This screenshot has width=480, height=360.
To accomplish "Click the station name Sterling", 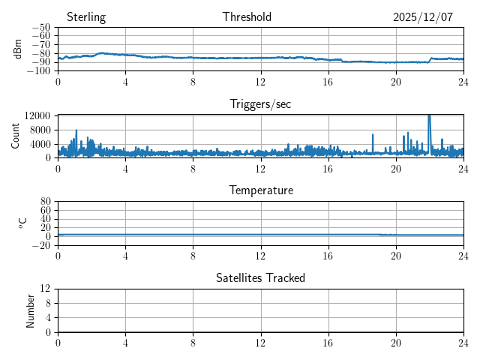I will coord(86,17).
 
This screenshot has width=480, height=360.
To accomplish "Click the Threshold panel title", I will coord(247,17).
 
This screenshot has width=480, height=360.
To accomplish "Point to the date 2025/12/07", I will coord(423,17).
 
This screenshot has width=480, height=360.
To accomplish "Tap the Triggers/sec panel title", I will coord(260,104).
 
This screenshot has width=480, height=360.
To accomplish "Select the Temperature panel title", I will coord(260,190).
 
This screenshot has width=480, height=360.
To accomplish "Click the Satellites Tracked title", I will coord(260,277).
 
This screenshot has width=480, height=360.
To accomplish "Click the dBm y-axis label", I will coord(18,49).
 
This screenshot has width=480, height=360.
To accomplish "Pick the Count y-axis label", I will coord(15,136).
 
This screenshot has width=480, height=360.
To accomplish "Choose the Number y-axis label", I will coord(31,310).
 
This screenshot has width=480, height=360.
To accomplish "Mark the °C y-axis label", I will coord(22,223).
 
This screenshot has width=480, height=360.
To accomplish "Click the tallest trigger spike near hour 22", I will coord(429,116).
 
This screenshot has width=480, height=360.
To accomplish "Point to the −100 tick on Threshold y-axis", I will coord(40,71).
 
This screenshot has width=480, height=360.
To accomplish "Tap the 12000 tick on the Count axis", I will coord(37,115).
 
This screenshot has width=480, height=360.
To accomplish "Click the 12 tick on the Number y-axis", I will coord(46,289).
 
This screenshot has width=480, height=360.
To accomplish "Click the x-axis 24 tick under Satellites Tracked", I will coord(463,341).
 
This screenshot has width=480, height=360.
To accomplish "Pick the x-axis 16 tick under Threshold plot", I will coord(328,81).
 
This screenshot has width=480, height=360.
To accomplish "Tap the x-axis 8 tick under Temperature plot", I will coord(193,254).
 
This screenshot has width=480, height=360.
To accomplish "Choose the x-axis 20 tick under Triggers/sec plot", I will coord(396,168).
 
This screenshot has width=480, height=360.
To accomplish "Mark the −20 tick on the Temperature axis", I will coord(43,245).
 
